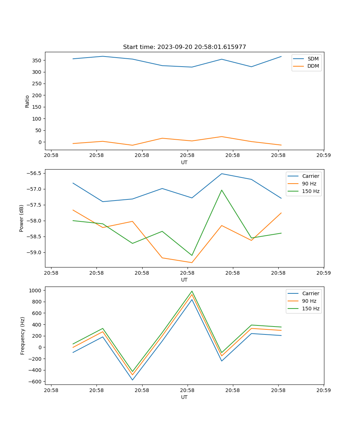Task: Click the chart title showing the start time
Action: click(184, 47)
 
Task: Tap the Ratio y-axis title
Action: click(27, 101)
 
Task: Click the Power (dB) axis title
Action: click(22, 218)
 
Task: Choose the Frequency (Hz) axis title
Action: click(23, 336)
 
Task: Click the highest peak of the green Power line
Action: click(222, 190)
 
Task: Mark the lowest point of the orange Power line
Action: click(192, 262)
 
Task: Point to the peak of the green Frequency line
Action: click(192, 291)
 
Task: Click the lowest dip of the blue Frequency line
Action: click(132, 380)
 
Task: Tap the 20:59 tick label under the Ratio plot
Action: click(324, 156)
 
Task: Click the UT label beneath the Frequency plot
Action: click(184, 397)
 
